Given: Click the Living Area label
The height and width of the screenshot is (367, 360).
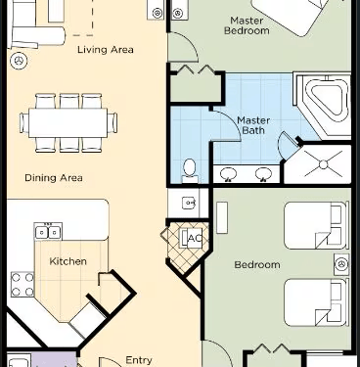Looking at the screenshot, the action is (106, 50).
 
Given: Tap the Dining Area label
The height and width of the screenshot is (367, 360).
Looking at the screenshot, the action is (54, 178).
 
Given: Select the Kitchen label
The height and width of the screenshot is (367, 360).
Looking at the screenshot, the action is (67, 261).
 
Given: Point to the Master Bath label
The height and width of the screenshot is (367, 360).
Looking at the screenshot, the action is (253, 125).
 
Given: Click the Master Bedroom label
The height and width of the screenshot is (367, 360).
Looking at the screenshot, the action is (247, 25).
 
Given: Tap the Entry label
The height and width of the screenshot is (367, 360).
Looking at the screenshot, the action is (139, 360).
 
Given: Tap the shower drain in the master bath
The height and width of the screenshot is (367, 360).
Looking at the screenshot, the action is (324, 164).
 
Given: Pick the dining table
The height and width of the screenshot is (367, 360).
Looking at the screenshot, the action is (67, 122).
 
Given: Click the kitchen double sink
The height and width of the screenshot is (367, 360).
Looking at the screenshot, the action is (48, 232).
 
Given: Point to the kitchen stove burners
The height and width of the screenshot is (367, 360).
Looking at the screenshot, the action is (22, 285).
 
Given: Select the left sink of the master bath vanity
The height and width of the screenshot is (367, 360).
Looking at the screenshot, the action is (228, 173).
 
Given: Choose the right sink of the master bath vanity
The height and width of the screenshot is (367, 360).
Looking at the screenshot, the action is (263, 173).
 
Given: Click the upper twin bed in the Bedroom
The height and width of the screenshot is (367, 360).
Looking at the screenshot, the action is (315, 225).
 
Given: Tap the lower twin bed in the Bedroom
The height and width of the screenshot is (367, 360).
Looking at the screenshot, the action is (315, 302).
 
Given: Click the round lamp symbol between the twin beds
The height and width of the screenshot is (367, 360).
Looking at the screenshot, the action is (341, 264).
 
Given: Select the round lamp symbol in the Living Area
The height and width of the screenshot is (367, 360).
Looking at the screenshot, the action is (19, 61).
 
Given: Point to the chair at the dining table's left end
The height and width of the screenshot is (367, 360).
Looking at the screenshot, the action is (24, 122).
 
